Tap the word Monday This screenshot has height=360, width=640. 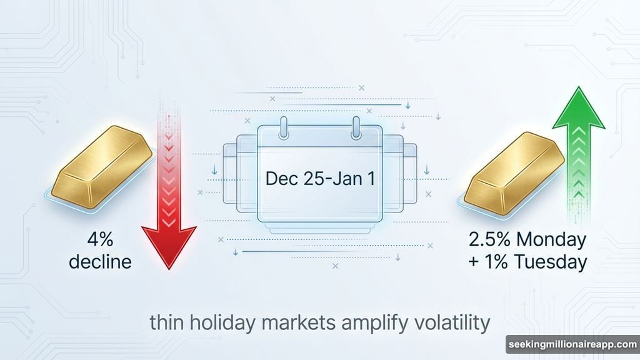pos(553,240)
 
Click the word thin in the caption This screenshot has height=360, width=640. pos(169,324)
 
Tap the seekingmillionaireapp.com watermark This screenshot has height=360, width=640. pos(571,344)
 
